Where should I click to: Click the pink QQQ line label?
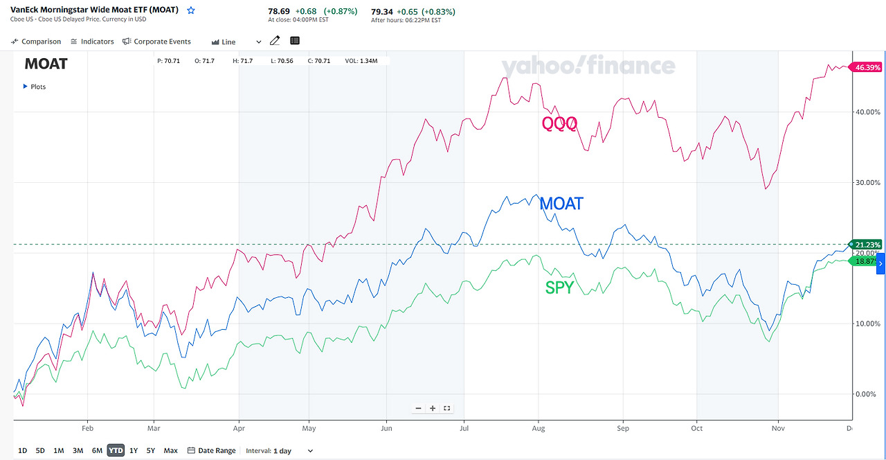click(559, 124)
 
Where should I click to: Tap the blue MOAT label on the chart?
click(561, 204)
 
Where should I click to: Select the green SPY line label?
click(559, 287)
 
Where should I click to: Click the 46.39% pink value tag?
click(867, 67)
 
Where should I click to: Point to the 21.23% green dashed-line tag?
click(867, 245)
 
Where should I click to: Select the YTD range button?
click(116, 450)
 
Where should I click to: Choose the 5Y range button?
click(150, 450)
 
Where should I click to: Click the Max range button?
click(170, 450)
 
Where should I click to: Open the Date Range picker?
click(212, 450)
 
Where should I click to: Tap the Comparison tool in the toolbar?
click(36, 42)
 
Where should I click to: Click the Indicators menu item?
click(92, 42)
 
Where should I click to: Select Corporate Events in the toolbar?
click(156, 42)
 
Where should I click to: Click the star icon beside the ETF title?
click(191, 10)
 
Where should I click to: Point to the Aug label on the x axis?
click(539, 429)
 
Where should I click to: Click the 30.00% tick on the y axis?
click(868, 182)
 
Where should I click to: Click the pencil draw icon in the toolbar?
click(275, 41)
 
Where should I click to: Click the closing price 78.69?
click(278, 11)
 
